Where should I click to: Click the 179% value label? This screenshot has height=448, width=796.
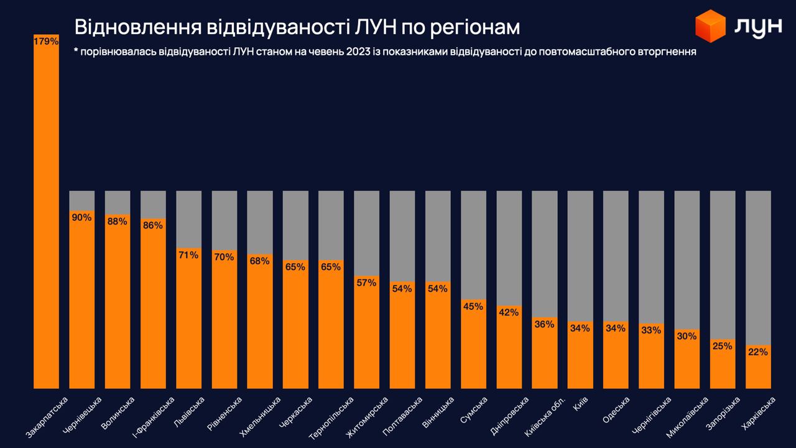pos(46,42)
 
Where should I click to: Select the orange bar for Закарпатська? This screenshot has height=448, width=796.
pos(46,218)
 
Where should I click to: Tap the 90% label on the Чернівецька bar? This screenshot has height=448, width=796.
pos(81,217)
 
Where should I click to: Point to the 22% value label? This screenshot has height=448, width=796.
pos(758,352)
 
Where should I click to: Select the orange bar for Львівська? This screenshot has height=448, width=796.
pos(188,324)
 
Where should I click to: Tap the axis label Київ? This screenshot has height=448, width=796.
pos(580,403)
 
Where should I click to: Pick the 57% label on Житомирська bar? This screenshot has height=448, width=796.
pos(366,282)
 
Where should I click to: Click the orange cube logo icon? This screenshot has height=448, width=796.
pos(710,26)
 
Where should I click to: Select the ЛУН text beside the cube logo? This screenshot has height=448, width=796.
pos(757,26)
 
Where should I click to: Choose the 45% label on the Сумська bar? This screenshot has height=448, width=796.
pos(473,306)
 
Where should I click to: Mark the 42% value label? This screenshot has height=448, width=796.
pos(509,312)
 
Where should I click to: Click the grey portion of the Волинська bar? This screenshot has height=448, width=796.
pos(118,202)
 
